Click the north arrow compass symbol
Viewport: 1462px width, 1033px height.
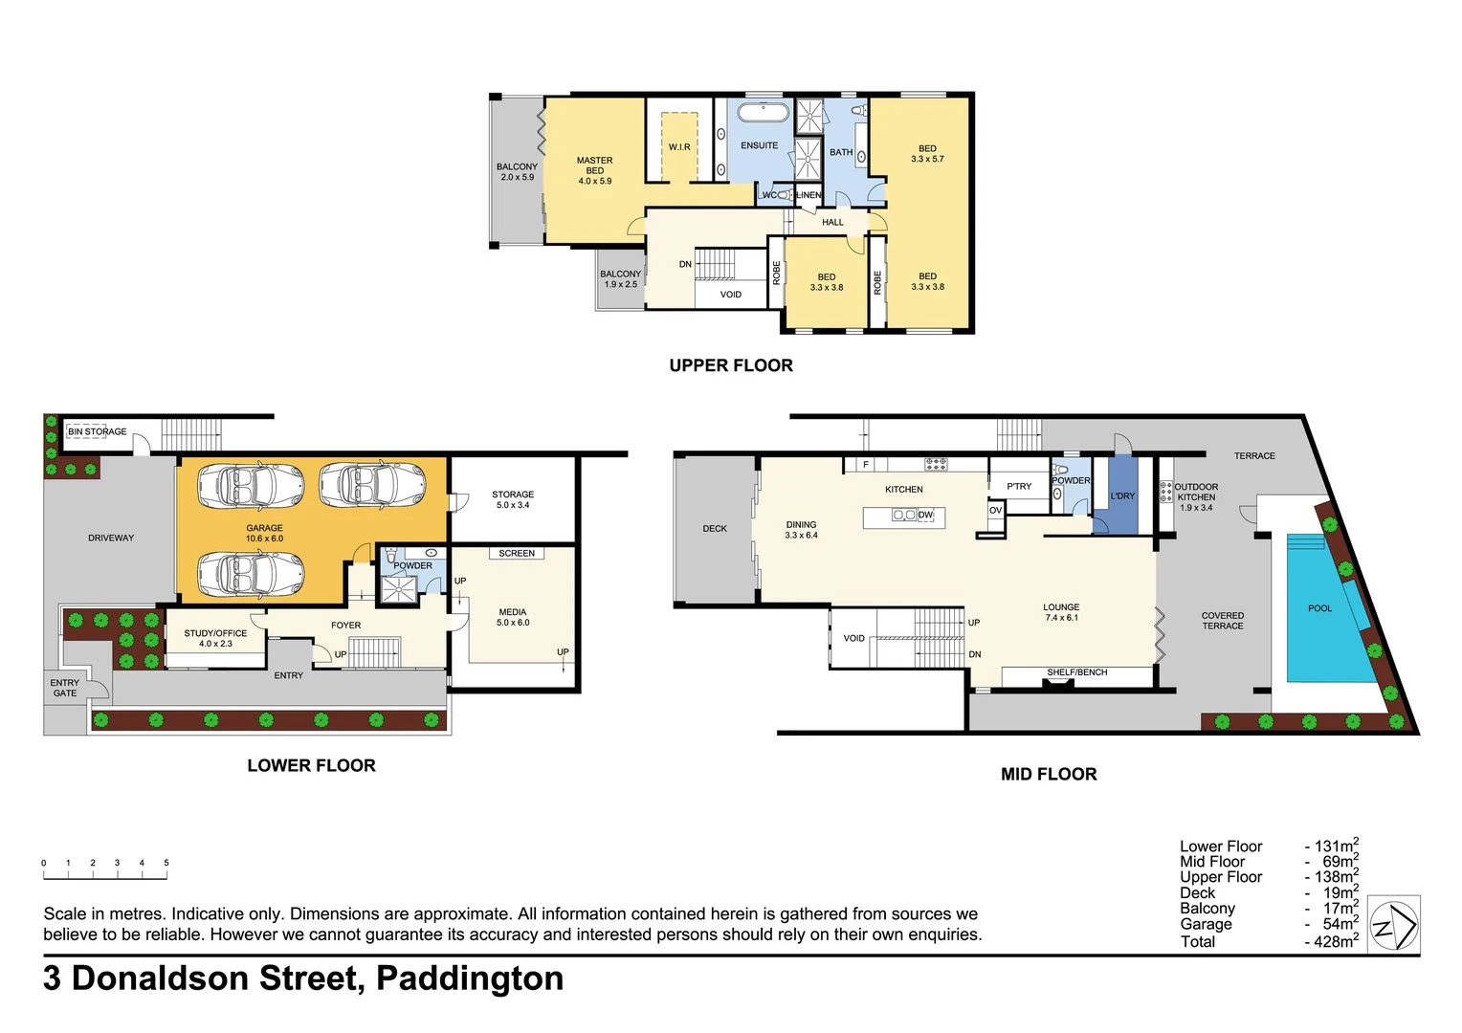1393,924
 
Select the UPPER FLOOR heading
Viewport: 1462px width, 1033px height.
731,365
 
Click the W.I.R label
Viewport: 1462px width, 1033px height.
679,146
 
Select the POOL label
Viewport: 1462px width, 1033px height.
1319,608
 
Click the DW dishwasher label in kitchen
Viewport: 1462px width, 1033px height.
925,515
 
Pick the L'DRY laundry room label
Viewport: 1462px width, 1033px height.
1122,495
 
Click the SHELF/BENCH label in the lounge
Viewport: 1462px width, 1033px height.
1076,672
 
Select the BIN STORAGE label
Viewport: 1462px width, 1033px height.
98,431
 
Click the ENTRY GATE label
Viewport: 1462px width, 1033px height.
65,688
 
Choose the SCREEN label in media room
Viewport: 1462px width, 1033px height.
517,553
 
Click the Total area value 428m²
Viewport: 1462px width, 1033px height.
1331,942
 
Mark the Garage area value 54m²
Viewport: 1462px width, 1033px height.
1336,924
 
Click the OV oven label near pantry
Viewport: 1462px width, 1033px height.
995,510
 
